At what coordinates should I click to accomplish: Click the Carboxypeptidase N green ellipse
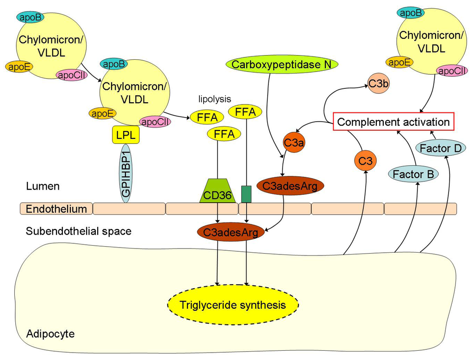pos(282,64)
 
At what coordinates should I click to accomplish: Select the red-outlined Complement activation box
pos(393,122)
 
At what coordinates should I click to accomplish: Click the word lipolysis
pos(214,99)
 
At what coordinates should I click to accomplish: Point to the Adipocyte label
pos(50,334)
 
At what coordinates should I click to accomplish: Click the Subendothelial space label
pos(79,231)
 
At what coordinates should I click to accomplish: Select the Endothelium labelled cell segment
pos(56,209)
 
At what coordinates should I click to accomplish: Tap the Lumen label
pos(43,186)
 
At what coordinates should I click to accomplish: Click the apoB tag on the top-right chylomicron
pos(410,13)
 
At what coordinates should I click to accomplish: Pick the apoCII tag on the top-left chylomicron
pos(71,74)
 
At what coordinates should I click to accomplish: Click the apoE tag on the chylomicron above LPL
pos(103,113)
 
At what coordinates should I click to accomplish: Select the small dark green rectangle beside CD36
pos(246,194)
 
